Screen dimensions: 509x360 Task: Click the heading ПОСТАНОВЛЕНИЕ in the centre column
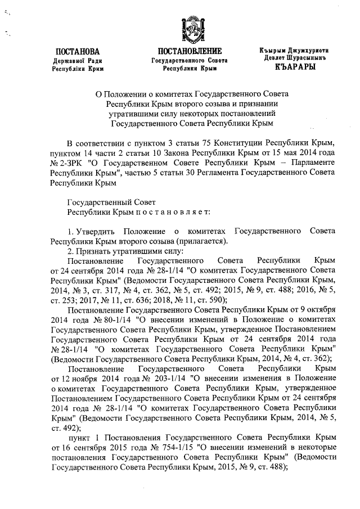[190, 51]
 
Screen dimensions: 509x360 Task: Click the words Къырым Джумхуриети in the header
[293, 51]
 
